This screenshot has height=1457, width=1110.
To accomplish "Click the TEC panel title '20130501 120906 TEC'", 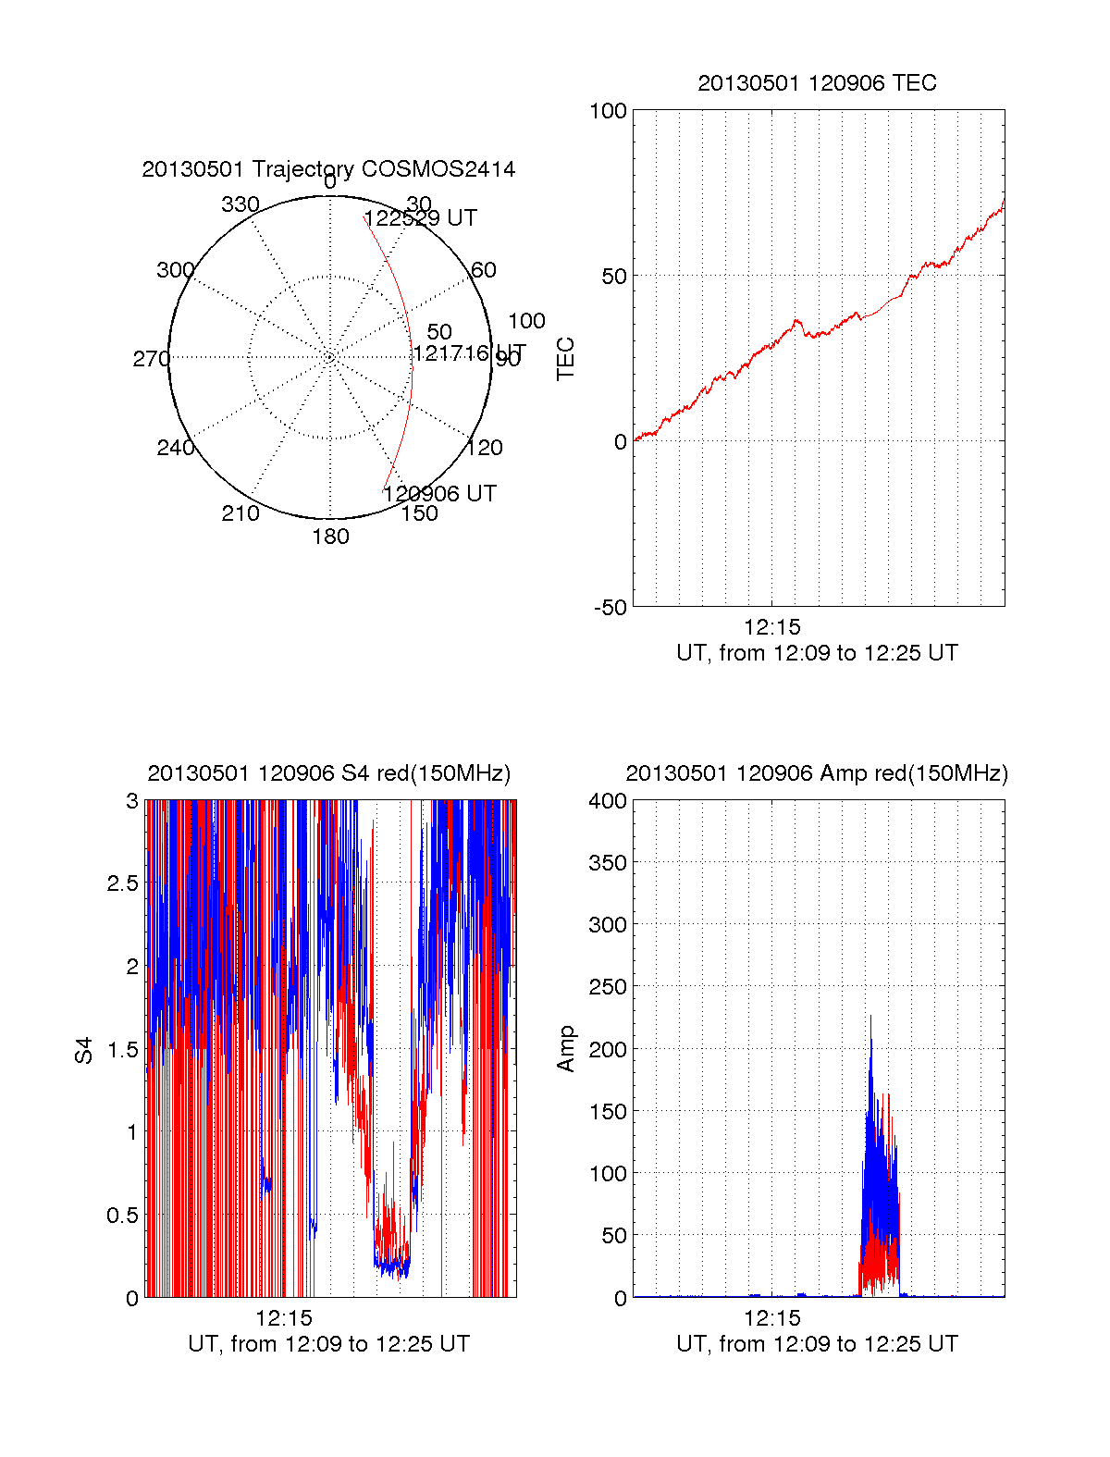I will (817, 83).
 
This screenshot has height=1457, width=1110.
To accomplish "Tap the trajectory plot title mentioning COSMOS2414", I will (328, 169).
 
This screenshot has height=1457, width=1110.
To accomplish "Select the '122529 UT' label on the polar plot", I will (421, 218).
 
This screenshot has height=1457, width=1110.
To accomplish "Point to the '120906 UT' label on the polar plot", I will (439, 494).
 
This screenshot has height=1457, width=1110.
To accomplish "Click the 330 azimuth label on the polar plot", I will (240, 204).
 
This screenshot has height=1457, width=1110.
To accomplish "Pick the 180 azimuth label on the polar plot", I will (330, 537).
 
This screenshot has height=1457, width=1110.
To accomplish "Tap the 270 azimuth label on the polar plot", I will (151, 359).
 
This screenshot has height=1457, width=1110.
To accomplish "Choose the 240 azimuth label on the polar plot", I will (175, 448).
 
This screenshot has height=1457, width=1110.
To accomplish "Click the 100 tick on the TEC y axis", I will (608, 111).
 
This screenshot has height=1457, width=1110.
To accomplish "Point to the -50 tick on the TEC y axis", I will (610, 608).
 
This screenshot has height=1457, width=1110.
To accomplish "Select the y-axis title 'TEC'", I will (566, 359).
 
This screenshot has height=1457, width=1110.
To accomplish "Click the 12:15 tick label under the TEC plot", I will (771, 627).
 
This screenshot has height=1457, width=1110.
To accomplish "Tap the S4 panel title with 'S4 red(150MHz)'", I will (328, 773).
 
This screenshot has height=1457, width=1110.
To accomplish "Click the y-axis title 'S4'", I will (84, 1050).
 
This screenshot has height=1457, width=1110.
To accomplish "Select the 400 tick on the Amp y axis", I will (608, 801).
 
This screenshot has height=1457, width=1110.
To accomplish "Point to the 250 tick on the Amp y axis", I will (608, 987).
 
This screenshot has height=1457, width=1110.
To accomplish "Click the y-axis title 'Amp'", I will (566, 1049).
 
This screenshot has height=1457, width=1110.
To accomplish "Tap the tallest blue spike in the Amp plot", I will (870, 1018).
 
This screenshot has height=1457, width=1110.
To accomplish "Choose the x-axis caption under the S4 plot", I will (328, 1344).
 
